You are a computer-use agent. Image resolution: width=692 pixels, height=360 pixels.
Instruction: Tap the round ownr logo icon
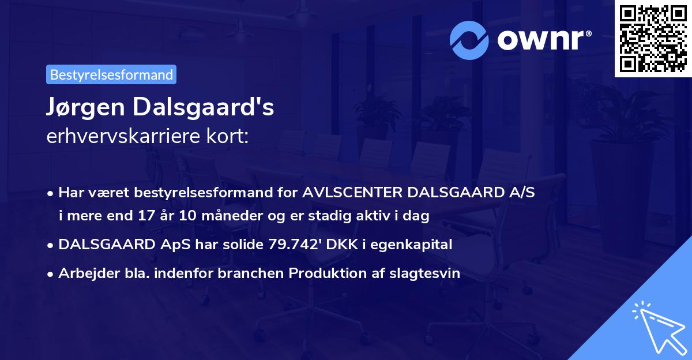[470, 40]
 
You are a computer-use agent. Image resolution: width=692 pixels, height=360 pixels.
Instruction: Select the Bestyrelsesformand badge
[111, 74]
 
